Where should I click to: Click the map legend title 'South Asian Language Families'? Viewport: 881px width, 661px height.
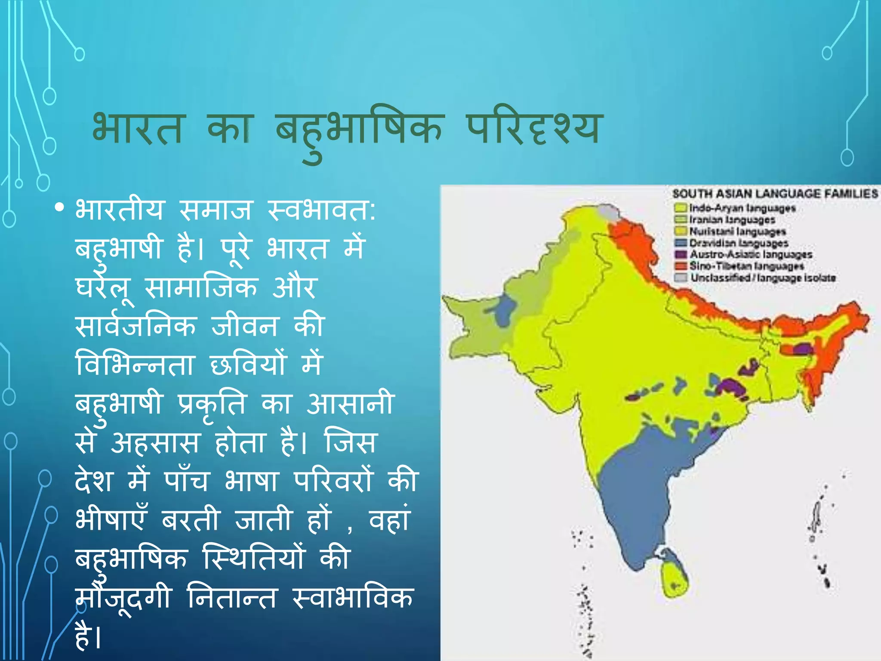775,194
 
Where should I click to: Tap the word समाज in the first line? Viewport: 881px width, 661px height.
215,210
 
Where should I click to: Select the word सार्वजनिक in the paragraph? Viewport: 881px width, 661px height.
136,327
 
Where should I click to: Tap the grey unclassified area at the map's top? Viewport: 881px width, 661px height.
610,212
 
